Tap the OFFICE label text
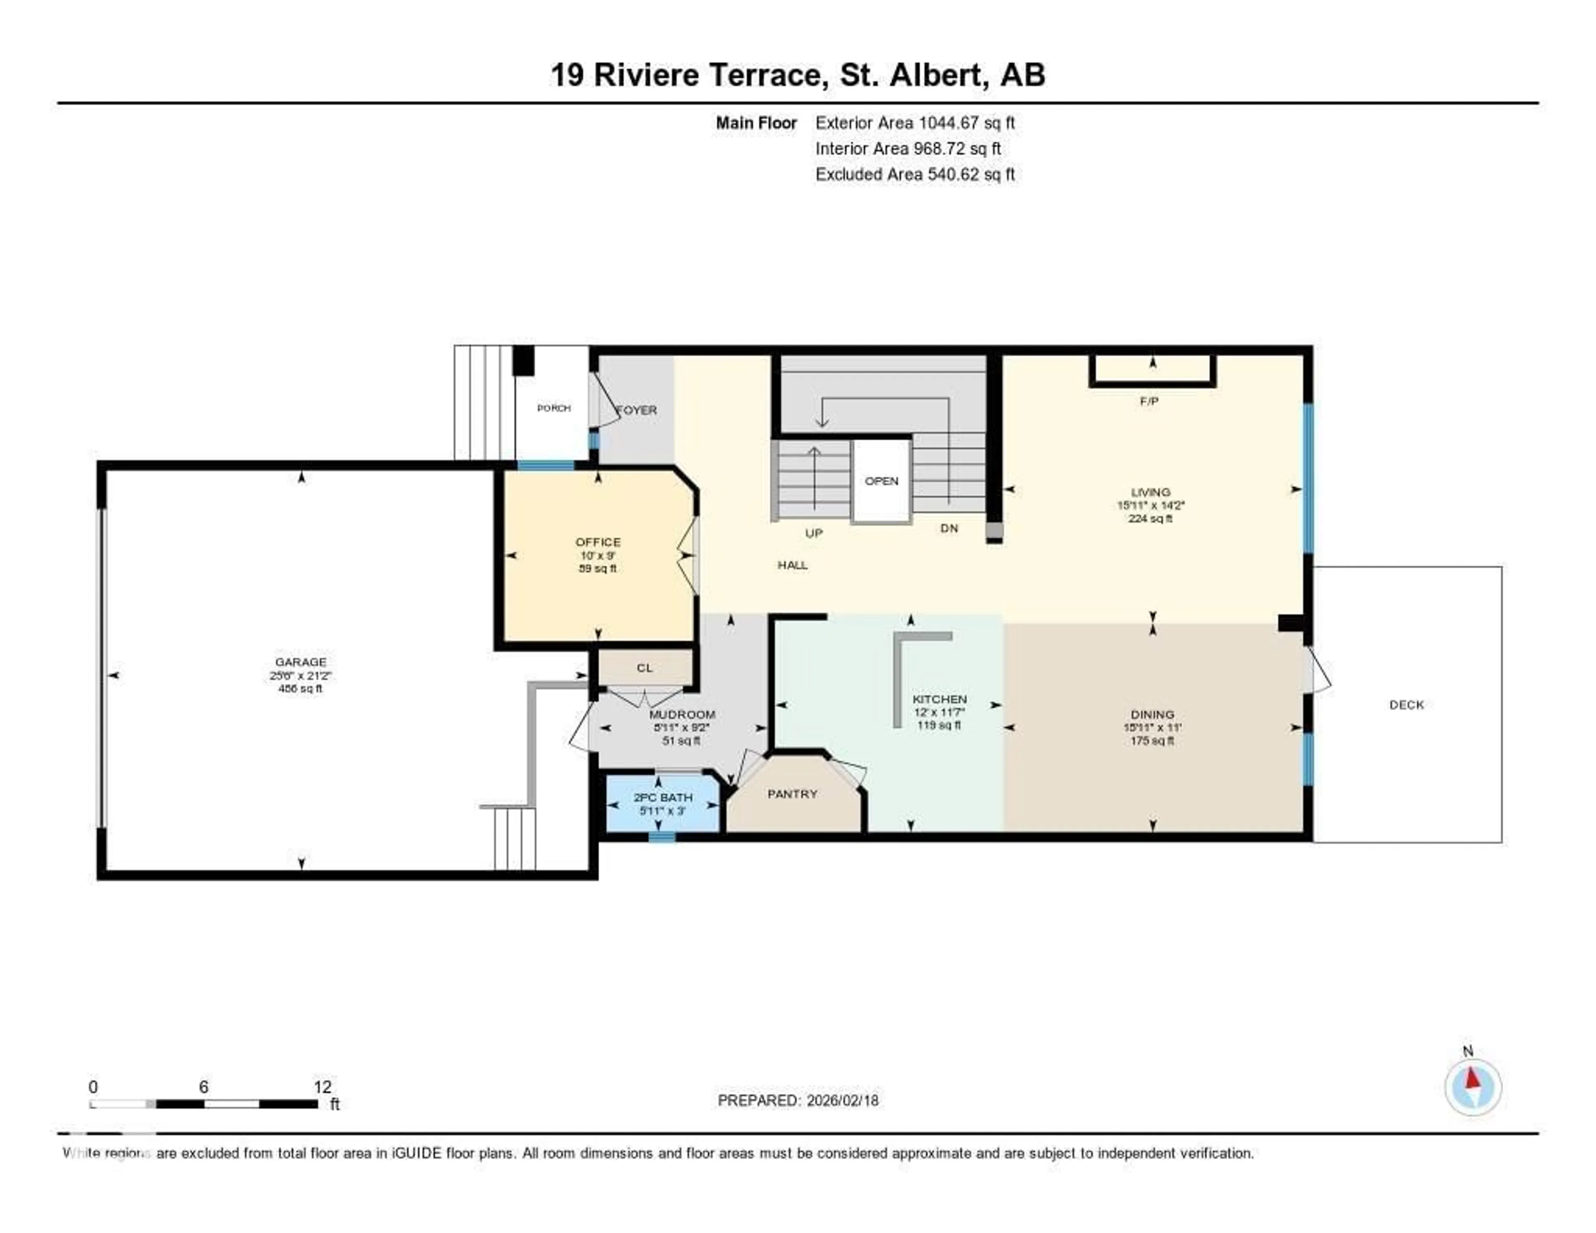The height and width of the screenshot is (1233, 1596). coord(598,542)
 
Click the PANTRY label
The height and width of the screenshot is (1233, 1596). coord(792,794)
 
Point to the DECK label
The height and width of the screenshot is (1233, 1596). coord(1406,705)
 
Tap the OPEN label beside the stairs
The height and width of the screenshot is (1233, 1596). coord(881,481)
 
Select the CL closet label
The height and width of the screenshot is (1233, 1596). coord(644,667)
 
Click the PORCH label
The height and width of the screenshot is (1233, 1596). coord(553,408)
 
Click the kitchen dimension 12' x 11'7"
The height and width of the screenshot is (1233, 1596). coord(939,712)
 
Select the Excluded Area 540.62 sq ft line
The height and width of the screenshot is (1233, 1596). coord(914,174)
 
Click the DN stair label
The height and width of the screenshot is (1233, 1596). coord(948,528)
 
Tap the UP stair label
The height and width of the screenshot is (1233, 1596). coord(813,533)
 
